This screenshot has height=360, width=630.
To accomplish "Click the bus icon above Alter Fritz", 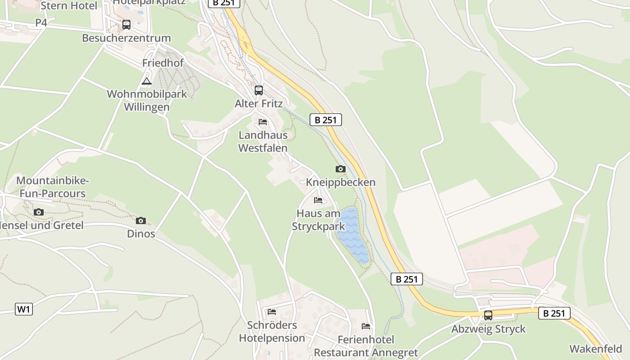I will coord(258,90).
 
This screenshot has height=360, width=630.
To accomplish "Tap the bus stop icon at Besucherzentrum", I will coord(126,24).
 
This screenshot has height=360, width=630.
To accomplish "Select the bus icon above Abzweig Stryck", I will coord(488,315).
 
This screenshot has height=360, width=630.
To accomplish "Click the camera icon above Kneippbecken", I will coord(341,169).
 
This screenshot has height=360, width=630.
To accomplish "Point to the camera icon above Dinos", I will coord(141,220).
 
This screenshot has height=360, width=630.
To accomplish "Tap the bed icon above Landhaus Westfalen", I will coord(263,122).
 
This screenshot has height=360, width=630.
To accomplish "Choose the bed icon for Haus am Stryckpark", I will coord(318,200).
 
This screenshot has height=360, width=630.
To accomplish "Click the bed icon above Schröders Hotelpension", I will coord(272,311).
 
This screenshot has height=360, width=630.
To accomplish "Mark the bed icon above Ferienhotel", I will coord(366,326).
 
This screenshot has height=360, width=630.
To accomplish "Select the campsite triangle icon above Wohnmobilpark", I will coord(146,81).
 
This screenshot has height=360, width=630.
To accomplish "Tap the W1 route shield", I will coord(24,309).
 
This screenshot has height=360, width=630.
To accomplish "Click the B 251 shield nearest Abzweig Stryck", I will coord(554,313).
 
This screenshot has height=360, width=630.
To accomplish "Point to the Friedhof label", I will coord(163,63).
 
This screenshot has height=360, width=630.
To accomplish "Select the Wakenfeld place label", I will coord(596,349).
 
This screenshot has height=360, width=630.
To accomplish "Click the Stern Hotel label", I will coord(69,6).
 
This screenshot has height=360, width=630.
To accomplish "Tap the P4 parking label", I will coord(41,22).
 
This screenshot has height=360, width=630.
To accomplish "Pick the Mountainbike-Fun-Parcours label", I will coord(53,187).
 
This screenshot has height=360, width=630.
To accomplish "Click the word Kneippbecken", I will coord(341,182).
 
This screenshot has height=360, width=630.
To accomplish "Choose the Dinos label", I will coord(141,234).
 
